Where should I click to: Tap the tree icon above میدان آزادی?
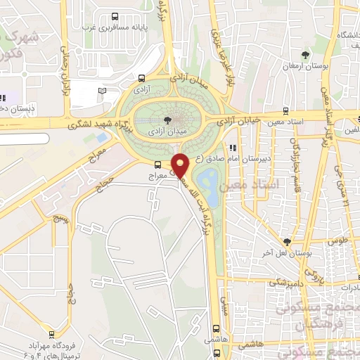(166, 120)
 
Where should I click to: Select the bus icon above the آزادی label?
(143, 79)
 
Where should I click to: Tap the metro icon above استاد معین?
(285, 109)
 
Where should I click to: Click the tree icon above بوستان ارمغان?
(304, 55)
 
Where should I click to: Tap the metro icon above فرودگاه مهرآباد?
(51, 334)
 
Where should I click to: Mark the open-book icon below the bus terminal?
(103, 91)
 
